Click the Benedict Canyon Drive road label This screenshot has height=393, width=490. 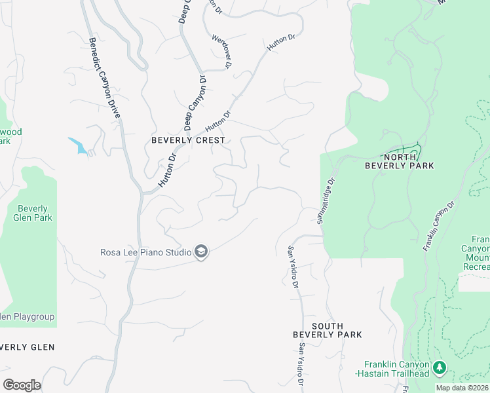point(105,77)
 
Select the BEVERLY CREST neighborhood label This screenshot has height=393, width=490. point(188,140)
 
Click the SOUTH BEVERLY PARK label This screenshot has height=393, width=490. point(327,330)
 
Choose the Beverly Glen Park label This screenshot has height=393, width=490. point(33,213)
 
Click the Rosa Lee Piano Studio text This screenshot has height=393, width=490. point(145,252)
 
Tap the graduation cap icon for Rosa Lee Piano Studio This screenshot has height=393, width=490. point(201,252)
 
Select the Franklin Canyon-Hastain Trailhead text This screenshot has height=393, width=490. point(397,369)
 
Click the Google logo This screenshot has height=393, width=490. point(22,385)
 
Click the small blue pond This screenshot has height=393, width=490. point(79,146)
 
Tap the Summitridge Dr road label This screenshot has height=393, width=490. point(326,200)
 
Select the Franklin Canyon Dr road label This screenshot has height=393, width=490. point(439,227)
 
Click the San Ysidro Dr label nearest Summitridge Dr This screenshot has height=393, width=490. point(293,266)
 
